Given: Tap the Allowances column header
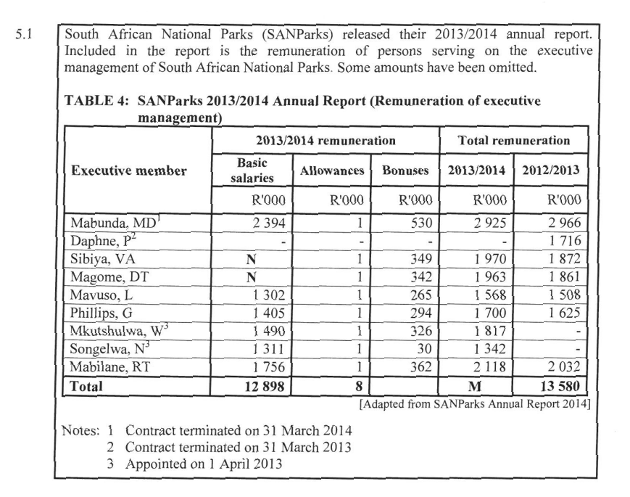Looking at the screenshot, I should pos(332,171).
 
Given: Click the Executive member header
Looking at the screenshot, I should pos(128,171).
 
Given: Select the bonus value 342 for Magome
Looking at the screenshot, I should pos(421,276).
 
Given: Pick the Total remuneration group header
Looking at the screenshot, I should pos(514,140).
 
